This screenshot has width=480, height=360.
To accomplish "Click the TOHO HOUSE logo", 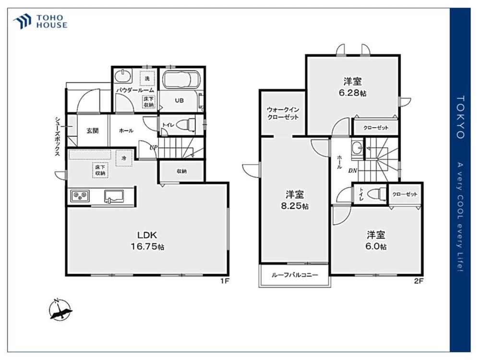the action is pyautogui.click(x=40, y=22).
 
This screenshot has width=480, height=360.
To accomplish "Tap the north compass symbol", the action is pyautogui.click(x=60, y=309).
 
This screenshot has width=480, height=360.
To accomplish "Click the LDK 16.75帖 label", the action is pyautogui.click(x=147, y=240).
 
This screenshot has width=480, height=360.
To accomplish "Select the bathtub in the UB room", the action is pyautogui.click(x=181, y=80).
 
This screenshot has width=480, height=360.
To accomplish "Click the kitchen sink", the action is pyautogui.click(x=114, y=196).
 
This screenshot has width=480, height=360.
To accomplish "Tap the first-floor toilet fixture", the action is pyautogui.click(x=186, y=125).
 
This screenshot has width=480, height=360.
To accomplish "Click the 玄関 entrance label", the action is pyautogui.click(x=93, y=131).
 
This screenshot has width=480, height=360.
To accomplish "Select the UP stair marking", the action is pyautogui.click(x=154, y=147).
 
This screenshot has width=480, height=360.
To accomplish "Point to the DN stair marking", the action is pyautogui.click(x=353, y=171).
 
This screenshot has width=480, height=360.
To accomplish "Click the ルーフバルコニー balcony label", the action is pyautogui.click(x=295, y=275).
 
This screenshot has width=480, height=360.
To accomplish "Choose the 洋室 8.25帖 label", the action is pyautogui.click(x=295, y=200).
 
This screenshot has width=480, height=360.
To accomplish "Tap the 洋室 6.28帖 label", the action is pyautogui.click(x=352, y=87).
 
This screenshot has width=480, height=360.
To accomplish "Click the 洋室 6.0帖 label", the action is pyautogui.click(x=376, y=240).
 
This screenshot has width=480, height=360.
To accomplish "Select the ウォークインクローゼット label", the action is pyautogui.click(x=283, y=113).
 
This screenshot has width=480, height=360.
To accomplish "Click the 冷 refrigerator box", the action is pyautogui.click(x=124, y=158).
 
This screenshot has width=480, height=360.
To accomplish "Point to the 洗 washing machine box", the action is pyautogui.click(x=147, y=78).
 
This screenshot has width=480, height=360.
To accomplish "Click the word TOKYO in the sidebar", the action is pyautogui.click(x=460, y=117).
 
